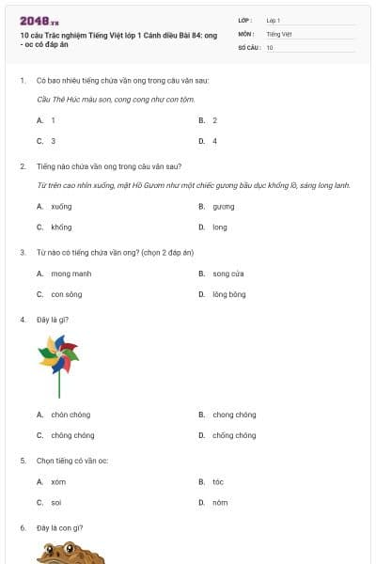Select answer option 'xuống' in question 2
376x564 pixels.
(x=61, y=206)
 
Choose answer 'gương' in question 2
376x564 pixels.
(x=223, y=206)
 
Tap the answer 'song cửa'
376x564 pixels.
(x=227, y=274)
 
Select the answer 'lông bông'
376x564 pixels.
(x=228, y=294)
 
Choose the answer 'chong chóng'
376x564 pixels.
(x=233, y=415)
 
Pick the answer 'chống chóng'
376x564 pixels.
(x=233, y=435)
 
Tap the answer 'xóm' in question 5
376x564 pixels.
(x=58, y=481)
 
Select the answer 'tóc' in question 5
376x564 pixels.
(x=218, y=481)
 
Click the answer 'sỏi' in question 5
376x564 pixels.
(x=56, y=502)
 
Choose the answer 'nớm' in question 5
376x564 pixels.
(x=220, y=502)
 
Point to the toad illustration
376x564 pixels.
(x=70, y=553)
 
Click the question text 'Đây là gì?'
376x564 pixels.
(x=53, y=320)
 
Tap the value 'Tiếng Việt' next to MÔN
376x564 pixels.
(x=279, y=33)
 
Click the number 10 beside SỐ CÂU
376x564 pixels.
(x=270, y=47)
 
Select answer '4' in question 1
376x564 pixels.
(x=214, y=141)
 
